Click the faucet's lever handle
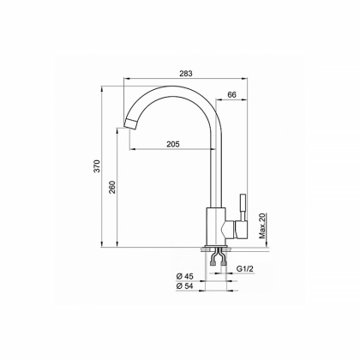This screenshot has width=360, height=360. (x=240, y=209)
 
